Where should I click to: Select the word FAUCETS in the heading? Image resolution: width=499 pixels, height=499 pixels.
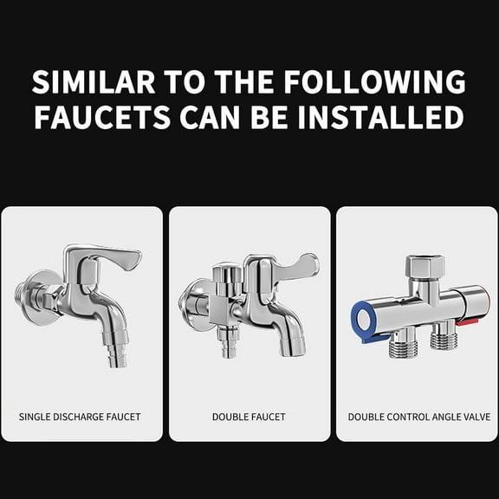pos(101,117)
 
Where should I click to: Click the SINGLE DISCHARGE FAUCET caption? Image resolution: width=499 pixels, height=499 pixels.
pos(80,417)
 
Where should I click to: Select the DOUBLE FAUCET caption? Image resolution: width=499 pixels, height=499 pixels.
pos(249,417)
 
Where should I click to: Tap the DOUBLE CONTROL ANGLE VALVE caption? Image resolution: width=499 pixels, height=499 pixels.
pos(418,417)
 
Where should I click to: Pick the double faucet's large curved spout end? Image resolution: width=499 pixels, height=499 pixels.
pos(288,346)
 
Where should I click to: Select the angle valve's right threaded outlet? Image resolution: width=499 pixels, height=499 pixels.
pos(442,340)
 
